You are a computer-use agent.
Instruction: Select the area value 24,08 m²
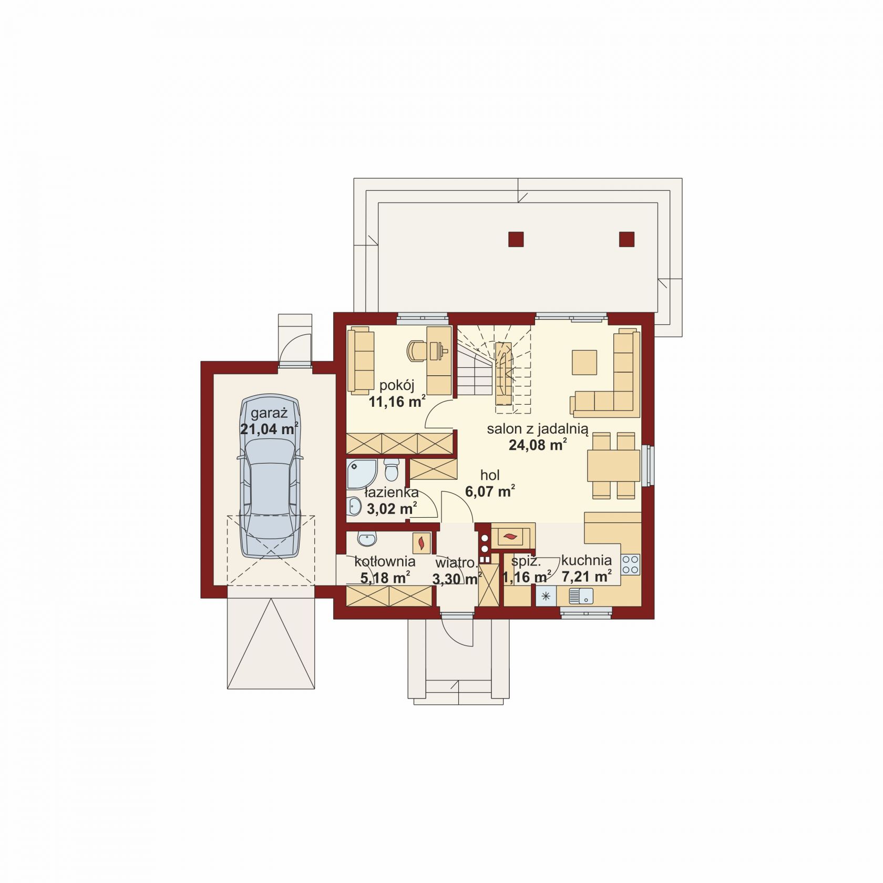537,445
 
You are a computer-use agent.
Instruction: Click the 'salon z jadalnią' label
537,428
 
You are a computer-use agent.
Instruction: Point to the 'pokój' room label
397,385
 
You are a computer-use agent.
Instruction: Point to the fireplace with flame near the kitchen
510,537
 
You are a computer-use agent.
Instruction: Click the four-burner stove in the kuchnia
631,564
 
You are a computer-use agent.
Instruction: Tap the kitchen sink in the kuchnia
581,596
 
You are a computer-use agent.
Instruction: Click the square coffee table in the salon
584,363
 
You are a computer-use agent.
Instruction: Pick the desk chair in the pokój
417,351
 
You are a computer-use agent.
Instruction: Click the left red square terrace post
516,239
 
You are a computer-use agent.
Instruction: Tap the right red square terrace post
627,239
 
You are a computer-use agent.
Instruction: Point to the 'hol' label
490,475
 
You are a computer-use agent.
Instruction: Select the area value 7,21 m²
587,577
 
